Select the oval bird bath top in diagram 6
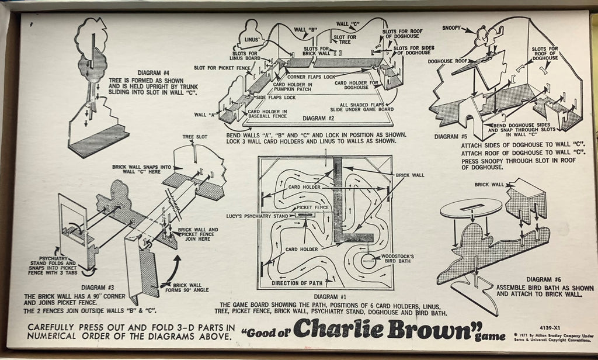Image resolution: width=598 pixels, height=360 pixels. [x=471, y=208]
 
